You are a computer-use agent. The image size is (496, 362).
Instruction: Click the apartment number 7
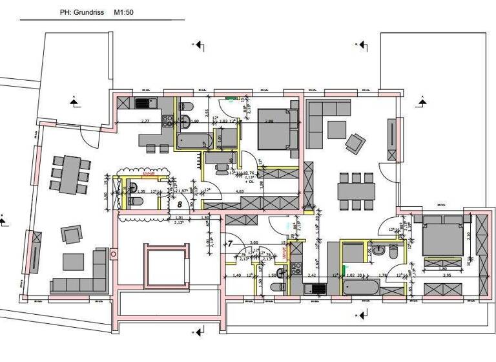coord(230,244)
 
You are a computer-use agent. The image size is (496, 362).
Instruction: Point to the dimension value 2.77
coord(145,121)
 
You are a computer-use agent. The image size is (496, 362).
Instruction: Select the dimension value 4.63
coord(239,192)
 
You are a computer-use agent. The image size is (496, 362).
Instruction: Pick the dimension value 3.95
coord(446,275)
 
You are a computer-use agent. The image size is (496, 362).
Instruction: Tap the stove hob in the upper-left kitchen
coord(142,103)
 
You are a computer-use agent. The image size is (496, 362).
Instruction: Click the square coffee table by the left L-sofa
coord(72,261)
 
